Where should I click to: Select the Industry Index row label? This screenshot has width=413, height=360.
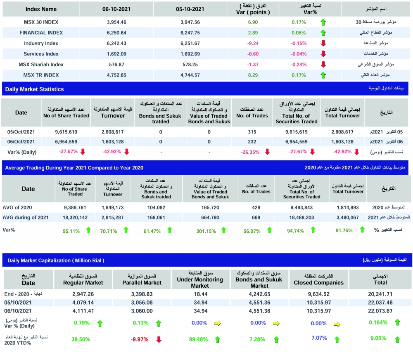41,43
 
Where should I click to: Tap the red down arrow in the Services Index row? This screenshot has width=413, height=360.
323,54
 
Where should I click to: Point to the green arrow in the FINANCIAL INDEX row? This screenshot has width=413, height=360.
323,33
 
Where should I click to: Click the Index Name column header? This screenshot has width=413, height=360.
41,9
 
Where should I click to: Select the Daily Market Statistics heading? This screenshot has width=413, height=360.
35,89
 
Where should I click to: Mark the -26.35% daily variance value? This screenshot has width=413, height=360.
250,152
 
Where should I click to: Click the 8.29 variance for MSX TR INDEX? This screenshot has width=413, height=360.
253,75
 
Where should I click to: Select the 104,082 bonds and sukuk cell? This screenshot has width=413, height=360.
156,207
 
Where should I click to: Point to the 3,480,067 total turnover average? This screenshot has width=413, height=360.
348,217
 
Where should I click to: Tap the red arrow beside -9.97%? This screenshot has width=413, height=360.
159,340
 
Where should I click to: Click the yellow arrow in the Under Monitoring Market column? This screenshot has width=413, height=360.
217,324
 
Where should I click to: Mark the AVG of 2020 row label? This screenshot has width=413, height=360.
17,207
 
